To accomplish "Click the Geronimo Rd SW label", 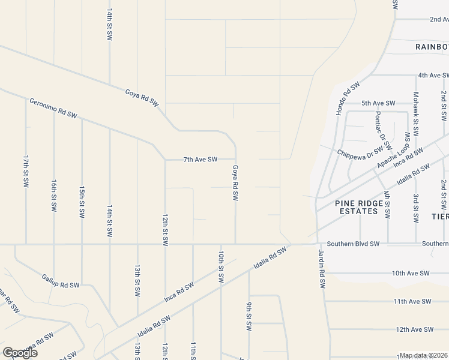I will (x=53, y=107).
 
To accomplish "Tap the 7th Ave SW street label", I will (x=200, y=159).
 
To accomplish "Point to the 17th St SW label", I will (x=26, y=170).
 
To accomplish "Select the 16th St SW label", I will (x=54, y=196).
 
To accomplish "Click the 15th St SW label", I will (x=82, y=200).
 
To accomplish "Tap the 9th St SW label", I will (x=249, y=316).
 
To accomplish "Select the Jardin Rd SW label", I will (x=322, y=268).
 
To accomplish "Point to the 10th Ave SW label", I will (x=411, y=273).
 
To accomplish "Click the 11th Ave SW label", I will (x=413, y=301).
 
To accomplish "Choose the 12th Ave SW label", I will (x=414, y=329).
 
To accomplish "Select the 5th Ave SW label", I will (x=378, y=103).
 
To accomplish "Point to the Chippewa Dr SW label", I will (x=360, y=150).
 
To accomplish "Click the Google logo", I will (x=20, y=353).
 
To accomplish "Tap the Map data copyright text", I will (x=423, y=355).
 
